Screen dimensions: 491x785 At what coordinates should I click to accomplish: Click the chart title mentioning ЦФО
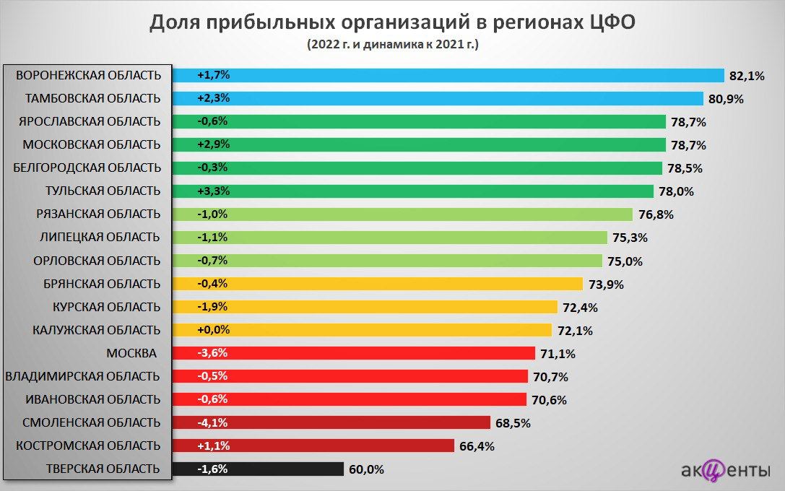(392, 22)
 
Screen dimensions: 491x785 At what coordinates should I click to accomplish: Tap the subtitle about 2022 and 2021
(392, 45)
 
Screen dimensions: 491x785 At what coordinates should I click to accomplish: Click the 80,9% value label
(726, 99)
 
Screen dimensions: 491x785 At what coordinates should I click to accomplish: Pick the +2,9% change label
(213, 144)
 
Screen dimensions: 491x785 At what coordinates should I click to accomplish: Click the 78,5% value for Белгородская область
(685, 168)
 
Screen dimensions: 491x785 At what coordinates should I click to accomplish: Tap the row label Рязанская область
(98, 214)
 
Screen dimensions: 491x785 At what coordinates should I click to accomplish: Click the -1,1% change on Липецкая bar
(212, 237)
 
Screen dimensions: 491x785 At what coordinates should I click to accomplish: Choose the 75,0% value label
(625, 261)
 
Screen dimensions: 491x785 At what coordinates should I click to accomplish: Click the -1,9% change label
(212, 306)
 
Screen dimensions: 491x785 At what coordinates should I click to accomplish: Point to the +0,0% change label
(213, 329)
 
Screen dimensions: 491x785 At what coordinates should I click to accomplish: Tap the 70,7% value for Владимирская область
(550, 377)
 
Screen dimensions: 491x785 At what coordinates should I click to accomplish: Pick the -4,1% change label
(212, 422)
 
